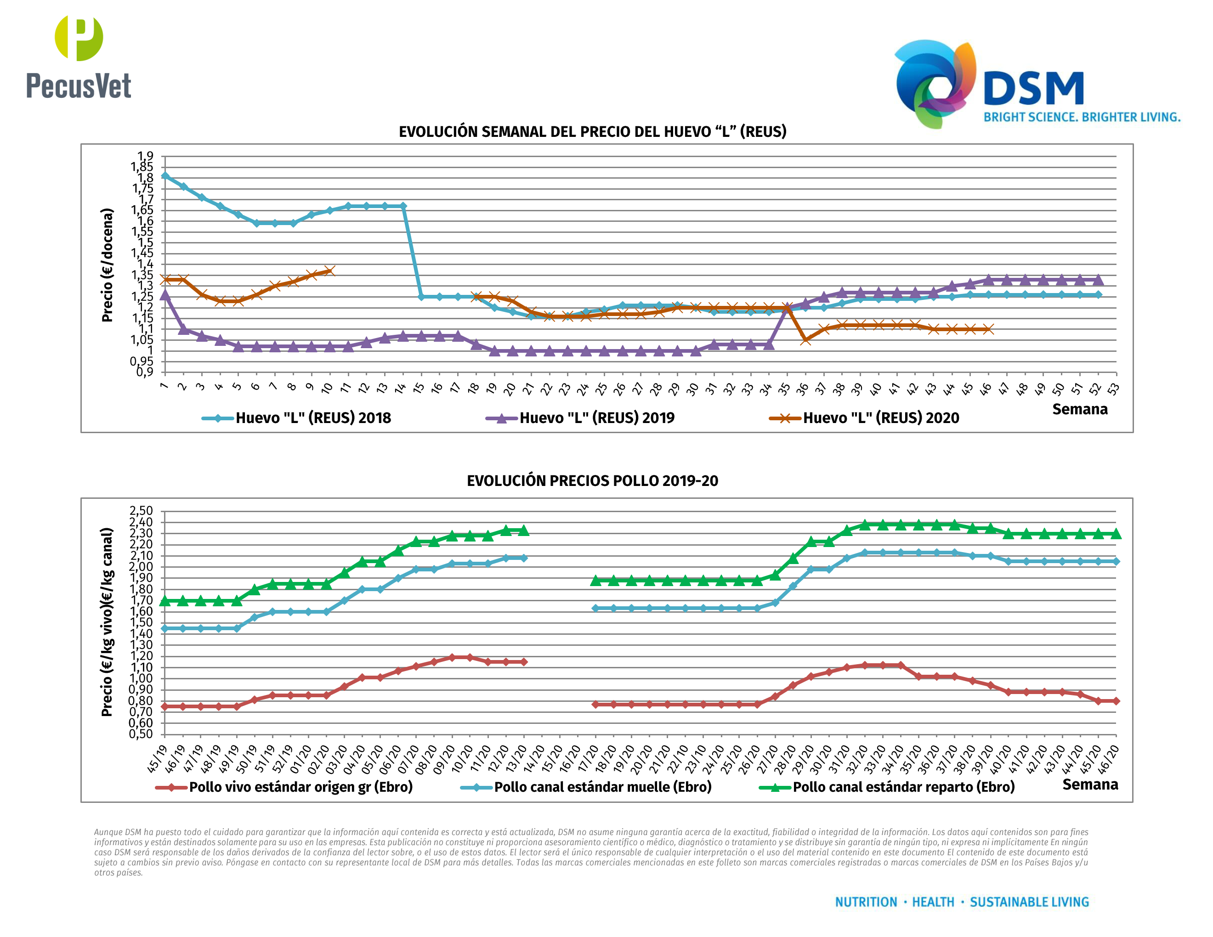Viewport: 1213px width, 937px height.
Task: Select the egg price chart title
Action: pyautogui.click(x=592, y=131)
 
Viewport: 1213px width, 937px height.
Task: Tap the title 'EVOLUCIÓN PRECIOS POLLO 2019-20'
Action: pyautogui.click(x=592, y=481)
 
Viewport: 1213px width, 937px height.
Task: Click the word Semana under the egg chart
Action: pyautogui.click(x=1079, y=409)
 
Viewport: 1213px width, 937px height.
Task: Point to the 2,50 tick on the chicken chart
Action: pyautogui.click(x=141, y=511)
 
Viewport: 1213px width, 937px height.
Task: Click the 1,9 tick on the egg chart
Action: pyautogui.click(x=146, y=156)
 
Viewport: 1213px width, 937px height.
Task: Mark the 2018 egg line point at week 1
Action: pyautogui.click(x=165, y=176)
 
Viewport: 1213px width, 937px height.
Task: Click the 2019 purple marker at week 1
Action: pyautogui.click(x=165, y=295)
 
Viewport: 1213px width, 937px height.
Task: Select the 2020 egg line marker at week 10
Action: pyautogui.click(x=329, y=271)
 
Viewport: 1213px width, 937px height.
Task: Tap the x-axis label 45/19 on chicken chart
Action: pyautogui.click(x=158, y=758)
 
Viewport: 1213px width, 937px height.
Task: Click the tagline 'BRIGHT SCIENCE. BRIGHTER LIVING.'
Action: pyautogui.click(x=1082, y=117)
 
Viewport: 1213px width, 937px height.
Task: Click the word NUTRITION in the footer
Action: pyautogui.click(x=866, y=903)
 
